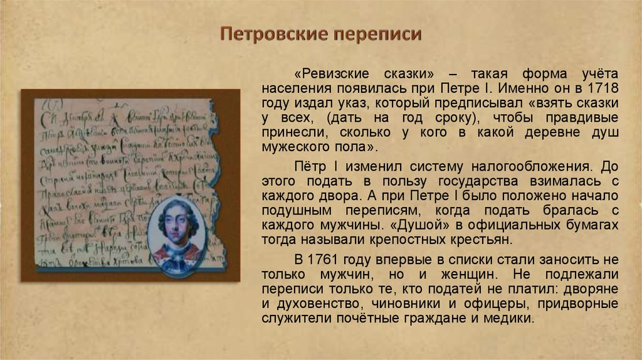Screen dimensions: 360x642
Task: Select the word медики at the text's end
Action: click(512, 318)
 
